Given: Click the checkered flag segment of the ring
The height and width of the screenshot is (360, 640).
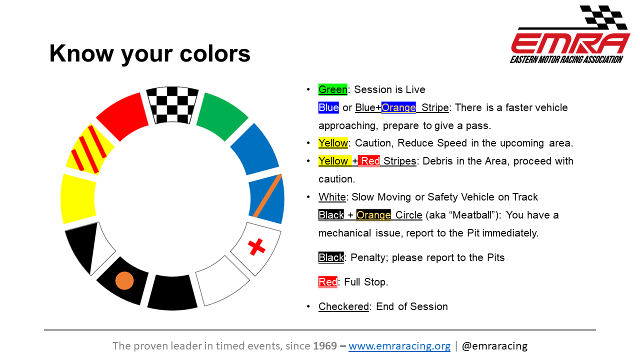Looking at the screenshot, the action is (x=172, y=105).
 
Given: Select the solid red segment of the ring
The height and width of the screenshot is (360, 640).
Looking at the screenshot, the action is (x=123, y=115).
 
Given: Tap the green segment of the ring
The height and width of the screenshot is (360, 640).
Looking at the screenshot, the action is (x=221, y=115).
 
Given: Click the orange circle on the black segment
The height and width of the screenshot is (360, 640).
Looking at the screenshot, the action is (x=124, y=280).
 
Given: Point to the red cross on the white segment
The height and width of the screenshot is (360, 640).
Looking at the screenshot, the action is (x=256, y=246).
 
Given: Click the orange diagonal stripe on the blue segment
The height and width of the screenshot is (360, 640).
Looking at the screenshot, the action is (x=267, y=196).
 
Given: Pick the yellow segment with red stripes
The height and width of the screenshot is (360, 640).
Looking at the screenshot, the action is (x=89, y=149).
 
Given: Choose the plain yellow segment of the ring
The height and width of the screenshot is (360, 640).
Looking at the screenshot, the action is (x=78, y=199).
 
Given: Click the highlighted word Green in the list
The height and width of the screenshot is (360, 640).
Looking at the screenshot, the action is (x=333, y=89).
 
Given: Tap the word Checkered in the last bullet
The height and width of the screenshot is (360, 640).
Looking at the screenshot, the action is (x=343, y=306).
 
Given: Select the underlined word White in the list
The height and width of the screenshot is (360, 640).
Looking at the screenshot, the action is (x=332, y=197).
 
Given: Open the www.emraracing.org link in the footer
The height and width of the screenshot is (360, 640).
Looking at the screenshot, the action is (x=399, y=346).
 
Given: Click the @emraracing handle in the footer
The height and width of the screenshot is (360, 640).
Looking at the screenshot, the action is (x=494, y=346).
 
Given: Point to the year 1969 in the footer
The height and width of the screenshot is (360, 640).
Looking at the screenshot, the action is (x=325, y=345).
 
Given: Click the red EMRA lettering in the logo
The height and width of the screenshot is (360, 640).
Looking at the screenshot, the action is (x=570, y=43).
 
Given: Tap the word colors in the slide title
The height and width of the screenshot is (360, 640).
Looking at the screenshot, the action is (x=215, y=53).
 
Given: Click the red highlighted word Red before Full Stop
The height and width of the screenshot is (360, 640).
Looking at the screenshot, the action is (x=327, y=282).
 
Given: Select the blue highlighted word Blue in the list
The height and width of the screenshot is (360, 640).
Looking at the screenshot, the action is (x=328, y=107).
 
